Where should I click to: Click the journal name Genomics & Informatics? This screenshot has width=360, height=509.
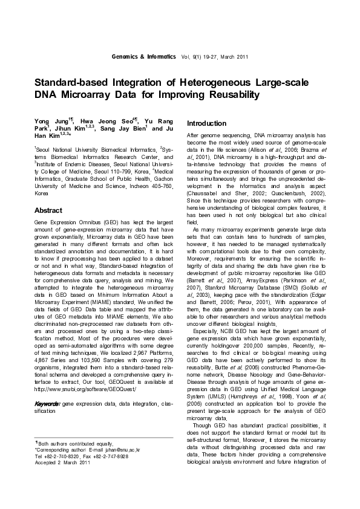[143, 57]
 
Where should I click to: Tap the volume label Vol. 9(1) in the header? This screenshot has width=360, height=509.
[196, 57]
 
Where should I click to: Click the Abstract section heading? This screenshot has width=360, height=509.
[48, 210]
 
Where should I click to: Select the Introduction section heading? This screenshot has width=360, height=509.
[206, 123]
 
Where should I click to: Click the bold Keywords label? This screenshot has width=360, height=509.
[47, 403]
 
